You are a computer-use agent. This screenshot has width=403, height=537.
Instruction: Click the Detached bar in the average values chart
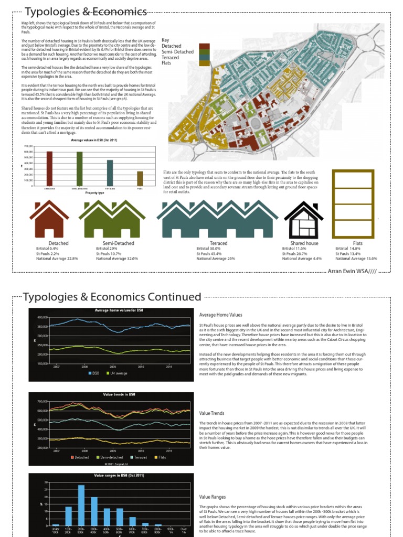pos(49,168)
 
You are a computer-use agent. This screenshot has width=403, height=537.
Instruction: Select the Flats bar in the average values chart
pos(140,178)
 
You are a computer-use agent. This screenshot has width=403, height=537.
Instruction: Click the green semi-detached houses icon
pos(112,219)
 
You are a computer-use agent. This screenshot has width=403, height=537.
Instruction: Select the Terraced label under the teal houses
pos(219,243)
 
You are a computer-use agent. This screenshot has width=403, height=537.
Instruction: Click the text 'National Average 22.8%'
pos(57,259)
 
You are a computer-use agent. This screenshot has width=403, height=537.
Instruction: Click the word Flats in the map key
pos(167,63)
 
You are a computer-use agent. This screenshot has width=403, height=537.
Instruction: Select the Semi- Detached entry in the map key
pos(177,52)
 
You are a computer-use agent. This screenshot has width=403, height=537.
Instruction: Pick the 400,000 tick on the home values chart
pos(43,317)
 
